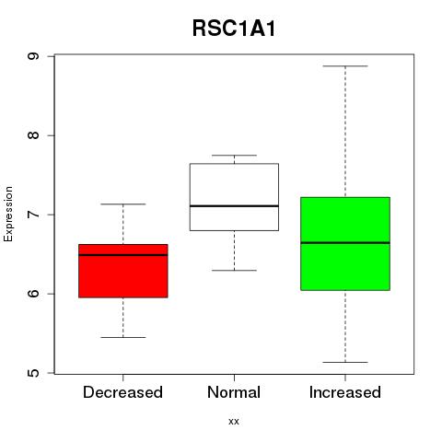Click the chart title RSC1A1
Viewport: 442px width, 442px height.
coord(234,29)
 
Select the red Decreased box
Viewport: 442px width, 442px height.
coord(123,271)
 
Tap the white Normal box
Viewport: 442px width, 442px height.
coord(234,197)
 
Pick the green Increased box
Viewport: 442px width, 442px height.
coord(345,243)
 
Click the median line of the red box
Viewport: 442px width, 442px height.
coord(123,255)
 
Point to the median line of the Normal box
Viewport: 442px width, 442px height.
coord(234,205)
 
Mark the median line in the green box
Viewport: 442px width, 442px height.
coord(345,242)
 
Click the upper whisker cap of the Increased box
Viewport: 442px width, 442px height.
coord(345,66)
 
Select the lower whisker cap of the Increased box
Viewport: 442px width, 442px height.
coord(345,362)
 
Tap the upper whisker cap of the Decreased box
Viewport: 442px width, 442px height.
coord(123,204)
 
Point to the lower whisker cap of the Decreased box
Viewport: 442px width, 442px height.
coord(123,337)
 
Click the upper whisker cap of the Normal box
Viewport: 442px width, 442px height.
coord(234,155)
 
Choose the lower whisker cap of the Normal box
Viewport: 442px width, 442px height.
coord(234,271)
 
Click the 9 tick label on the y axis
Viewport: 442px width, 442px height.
coord(33,56)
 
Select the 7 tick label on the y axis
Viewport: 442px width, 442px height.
coord(33,215)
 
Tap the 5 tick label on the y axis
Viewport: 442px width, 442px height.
coord(33,373)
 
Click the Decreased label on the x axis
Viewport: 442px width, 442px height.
coord(122,392)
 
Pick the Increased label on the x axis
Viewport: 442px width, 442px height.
coord(345,392)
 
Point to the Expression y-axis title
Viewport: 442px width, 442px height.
coord(8,214)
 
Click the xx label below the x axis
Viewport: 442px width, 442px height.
coord(234,422)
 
